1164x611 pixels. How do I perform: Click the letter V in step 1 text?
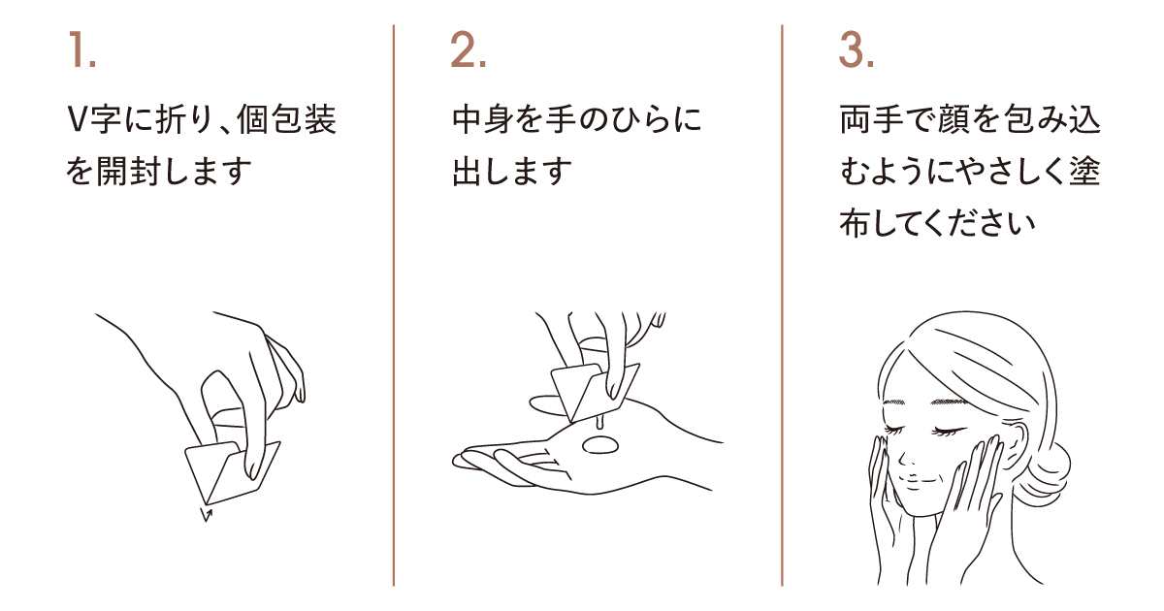[x=78, y=119]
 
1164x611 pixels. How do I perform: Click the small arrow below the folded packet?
[x=207, y=514]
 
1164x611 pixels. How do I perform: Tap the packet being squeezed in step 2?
[x=594, y=392]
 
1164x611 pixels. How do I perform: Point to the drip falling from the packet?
[x=599, y=423]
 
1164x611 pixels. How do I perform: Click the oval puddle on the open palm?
[x=600, y=445]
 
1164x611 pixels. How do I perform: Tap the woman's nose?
[x=904, y=457]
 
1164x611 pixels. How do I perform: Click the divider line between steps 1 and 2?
[x=394, y=305]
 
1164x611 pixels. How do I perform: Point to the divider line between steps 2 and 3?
[x=782, y=305]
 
